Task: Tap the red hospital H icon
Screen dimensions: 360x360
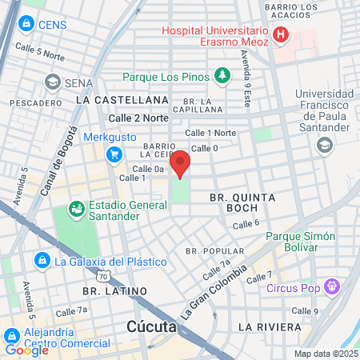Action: point(280,34)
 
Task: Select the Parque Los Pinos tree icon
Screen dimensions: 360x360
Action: point(222,76)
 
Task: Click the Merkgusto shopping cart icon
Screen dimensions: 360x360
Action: point(114,154)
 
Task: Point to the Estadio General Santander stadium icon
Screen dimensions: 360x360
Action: point(77,210)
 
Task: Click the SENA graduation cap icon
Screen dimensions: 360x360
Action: point(53,82)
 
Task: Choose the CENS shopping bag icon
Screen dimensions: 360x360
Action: point(26,25)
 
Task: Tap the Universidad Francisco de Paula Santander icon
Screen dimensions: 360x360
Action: point(324,145)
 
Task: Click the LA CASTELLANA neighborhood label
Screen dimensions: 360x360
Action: point(110,100)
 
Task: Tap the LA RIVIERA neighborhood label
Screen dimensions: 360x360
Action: point(270,327)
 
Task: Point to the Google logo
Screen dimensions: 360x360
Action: point(26,350)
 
